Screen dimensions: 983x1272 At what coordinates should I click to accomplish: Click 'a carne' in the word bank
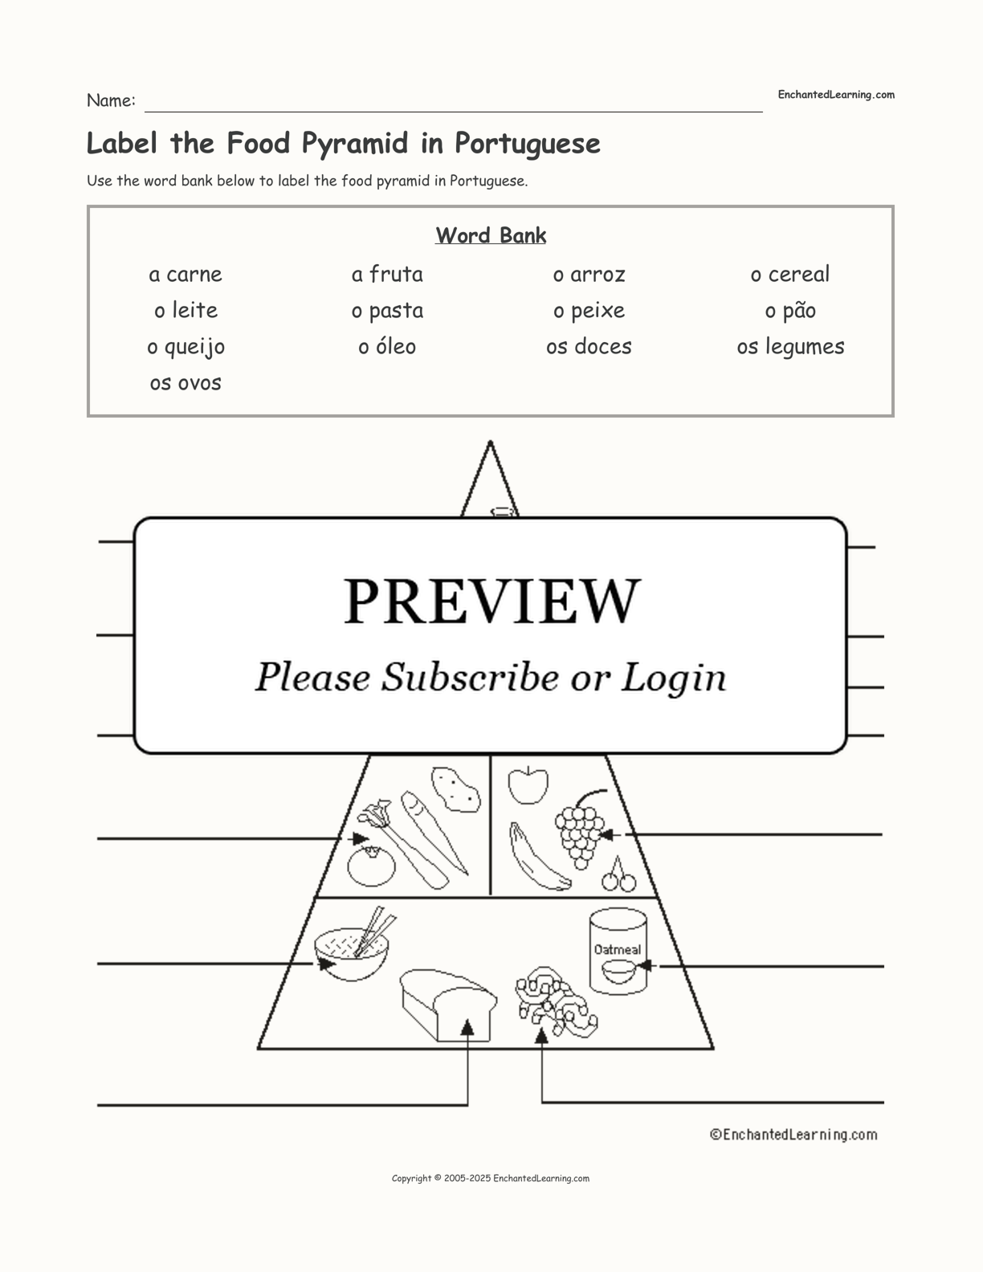click(186, 274)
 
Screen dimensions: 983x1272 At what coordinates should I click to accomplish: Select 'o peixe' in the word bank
click(589, 311)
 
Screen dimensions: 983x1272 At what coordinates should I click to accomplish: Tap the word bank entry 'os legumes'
click(790, 347)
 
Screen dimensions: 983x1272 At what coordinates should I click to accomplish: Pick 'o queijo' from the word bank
click(186, 347)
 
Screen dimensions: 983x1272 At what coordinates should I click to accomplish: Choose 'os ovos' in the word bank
click(186, 383)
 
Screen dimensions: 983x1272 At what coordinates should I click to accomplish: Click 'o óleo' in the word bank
click(387, 346)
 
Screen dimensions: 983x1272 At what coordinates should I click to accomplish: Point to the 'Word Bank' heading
click(491, 235)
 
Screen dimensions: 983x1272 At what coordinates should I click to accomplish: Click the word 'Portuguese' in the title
click(528, 144)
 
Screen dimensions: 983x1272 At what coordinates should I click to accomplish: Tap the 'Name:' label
click(111, 100)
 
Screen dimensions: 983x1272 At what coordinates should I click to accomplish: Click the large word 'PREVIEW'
click(491, 601)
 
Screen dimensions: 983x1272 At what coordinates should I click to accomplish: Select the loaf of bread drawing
click(448, 1005)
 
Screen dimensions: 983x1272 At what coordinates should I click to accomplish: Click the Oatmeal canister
click(618, 952)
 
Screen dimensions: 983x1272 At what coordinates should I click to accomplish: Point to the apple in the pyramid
click(528, 785)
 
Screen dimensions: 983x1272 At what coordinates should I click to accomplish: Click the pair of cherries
click(619, 876)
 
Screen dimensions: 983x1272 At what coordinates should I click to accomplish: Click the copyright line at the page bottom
click(491, 1178)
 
